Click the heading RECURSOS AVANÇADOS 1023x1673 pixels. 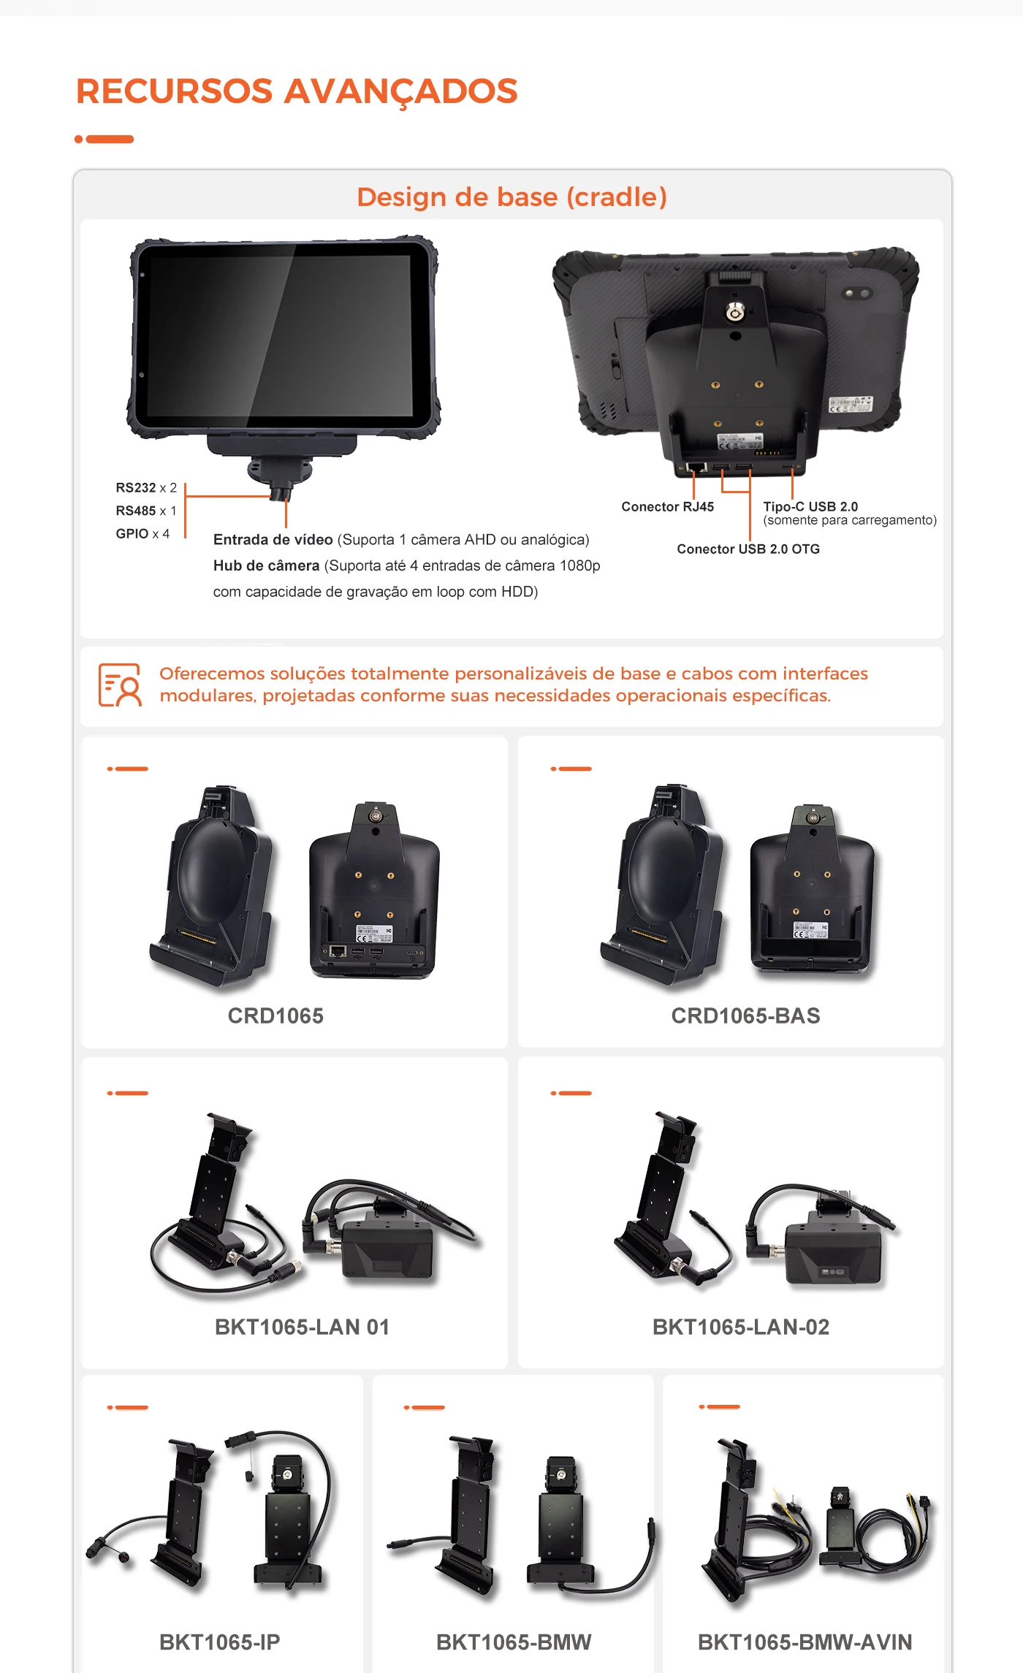tap(297, 91)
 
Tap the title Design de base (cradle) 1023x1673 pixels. tap(512, 197)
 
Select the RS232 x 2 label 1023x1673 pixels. tap(146, 487)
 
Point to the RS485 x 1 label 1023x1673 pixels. tap(146, 511)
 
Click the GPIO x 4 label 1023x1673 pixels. tap(142, 534)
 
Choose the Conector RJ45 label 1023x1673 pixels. tap(667, 507)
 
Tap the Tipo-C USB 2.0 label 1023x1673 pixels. tap(810, 506)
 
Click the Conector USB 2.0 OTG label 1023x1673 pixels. tap(748, 549)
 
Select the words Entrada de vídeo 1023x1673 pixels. tap(273, 540)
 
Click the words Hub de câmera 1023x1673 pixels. tap(266, 565)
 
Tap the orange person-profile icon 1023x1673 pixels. tap(120, 685)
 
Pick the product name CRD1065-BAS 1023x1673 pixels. tap(745, 1015)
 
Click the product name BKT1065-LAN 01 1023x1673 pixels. tap(302, 1327)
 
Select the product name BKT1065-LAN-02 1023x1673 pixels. tap(741, 1327)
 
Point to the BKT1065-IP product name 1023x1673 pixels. tap(219, 1642)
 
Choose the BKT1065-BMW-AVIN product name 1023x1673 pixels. tap(805, 1642)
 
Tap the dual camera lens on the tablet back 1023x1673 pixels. tap(856, 293)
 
